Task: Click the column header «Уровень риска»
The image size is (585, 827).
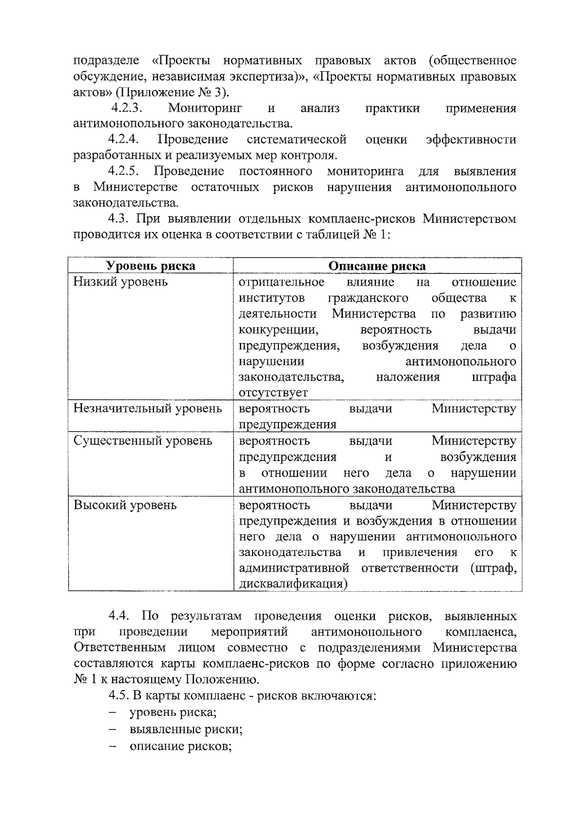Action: [151, 266]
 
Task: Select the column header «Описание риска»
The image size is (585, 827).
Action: [377, 266]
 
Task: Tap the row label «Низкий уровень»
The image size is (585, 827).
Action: [120, 282]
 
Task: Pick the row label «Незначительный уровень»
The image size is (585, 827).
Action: [148, 408]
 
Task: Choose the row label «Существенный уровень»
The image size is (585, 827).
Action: [143, 441]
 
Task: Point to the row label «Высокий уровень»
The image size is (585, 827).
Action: [125, 505]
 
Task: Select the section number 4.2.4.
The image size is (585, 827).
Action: [124, 139]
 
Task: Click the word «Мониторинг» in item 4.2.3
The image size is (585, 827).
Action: [205, 108]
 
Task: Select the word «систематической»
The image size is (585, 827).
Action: [296, 139]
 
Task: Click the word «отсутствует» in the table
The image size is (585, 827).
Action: [273, 393]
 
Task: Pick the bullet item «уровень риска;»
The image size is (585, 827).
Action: [173, 712]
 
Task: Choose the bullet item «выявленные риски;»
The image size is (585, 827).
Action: [186, 730]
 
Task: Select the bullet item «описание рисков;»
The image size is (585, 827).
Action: [180, 746]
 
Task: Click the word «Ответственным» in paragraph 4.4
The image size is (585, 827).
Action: [119, 648]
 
